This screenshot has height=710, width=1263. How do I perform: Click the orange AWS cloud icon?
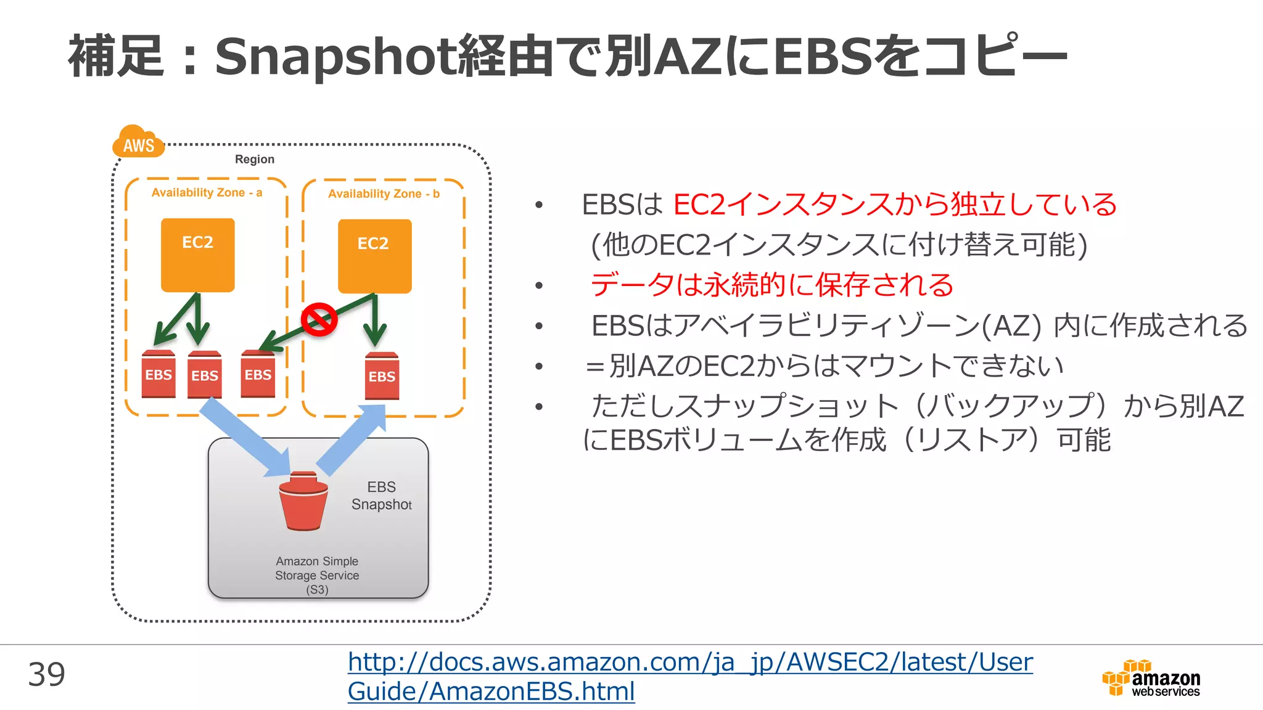pos(138,142)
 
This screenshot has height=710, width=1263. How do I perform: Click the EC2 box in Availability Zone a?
pos(198,255)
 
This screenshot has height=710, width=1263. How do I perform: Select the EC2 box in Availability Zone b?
pos(374,256)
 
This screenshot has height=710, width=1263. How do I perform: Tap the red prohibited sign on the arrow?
pos(319,319)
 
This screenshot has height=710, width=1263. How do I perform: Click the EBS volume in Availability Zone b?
pos(382,375)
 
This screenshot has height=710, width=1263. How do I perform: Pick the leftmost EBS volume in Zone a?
pos(158,374)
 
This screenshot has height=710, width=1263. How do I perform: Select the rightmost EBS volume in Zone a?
pos(258,374)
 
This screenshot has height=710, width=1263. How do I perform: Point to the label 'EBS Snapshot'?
pos(381,496)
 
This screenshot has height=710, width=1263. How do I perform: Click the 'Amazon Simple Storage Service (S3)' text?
pos(317,575)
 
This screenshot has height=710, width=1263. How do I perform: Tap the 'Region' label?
pos(254,159)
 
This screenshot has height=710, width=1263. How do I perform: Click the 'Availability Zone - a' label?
pos(207,192)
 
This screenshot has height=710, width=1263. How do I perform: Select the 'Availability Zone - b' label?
pos(384,194)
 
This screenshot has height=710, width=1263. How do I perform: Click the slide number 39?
pos(46,674)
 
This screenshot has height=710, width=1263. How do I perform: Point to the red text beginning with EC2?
pos(894,205)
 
